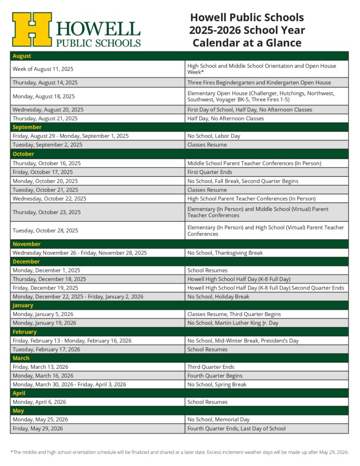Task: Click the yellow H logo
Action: (32, 29)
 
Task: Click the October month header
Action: (23, 154)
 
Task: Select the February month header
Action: (24, 332)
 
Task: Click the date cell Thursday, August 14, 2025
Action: (45, 83)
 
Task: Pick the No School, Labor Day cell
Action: (214, 136)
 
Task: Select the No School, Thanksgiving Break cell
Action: (225, 253)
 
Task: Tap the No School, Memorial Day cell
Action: (218, 420)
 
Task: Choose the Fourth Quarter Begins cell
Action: (215, 376)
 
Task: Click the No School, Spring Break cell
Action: (217, 384)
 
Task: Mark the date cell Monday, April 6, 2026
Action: (39, 402)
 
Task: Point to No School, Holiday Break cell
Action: (218, 297)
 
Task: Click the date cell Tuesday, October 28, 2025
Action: (45, 231)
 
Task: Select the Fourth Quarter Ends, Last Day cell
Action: (236, 428)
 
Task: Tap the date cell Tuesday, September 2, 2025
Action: (47, 145)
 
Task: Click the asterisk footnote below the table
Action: (180, 452)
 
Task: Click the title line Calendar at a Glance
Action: (247, 43)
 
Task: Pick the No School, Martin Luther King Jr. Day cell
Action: (233, 323)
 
